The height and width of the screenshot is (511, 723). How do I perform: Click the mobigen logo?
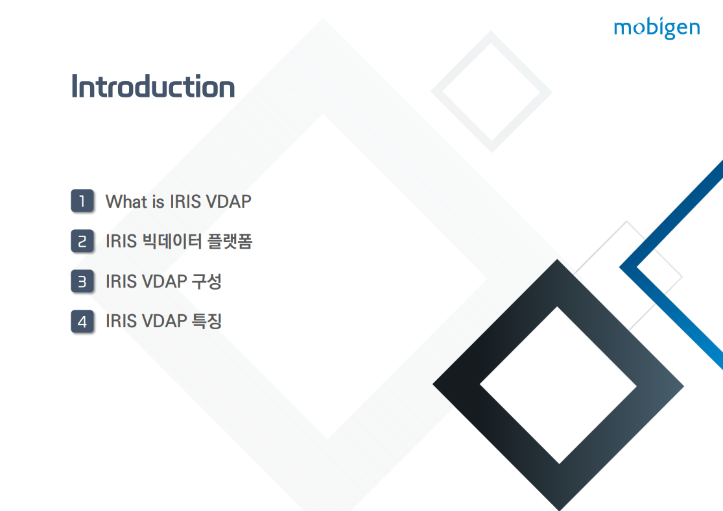(657, 28)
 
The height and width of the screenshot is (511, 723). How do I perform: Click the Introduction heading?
(153, 86)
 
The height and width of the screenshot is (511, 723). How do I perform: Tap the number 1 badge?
(82, 201)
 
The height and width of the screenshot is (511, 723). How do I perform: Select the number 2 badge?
(82, 241)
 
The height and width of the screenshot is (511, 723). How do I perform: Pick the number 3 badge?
(82, 281)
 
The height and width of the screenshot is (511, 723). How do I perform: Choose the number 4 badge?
(82, 321)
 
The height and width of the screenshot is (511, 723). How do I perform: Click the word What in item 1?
(126, 201)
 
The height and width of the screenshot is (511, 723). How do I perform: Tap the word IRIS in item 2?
(121, 241)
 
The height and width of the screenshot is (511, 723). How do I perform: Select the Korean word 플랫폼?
(230, 241)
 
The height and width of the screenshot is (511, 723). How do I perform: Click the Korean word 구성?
(207, 281)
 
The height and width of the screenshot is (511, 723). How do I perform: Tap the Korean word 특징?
(207, 321)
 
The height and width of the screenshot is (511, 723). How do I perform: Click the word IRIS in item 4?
(121, 321)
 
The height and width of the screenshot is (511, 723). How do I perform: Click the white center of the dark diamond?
(558, 385)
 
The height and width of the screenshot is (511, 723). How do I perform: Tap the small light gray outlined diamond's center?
(492, 92)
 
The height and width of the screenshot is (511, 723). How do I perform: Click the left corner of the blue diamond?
(619, 267)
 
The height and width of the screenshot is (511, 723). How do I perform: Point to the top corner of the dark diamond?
(558, 259)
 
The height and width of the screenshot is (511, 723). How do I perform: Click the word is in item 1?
(158, 201)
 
